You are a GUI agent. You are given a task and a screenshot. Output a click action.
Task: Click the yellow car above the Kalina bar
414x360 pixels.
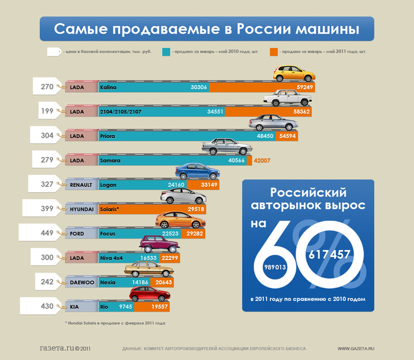[x=294, y=73]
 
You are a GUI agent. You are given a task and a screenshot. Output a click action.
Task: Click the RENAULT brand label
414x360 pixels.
[x=82, y=185]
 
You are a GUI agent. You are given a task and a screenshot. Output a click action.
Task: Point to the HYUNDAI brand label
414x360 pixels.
[x=82, y=209]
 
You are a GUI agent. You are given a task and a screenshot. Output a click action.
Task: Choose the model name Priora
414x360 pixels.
[x=108, y=136]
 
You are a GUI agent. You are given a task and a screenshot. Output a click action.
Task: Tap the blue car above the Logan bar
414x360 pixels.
[x=198, y=171]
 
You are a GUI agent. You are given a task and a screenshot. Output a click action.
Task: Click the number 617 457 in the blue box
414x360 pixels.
[x=329, y=254]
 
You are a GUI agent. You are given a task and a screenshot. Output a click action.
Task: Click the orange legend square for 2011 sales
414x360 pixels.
[x=273, y=52]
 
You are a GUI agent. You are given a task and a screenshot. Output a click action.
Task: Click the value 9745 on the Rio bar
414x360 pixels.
[x=125, y=306]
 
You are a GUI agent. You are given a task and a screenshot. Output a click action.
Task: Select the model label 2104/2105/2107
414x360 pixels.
[x=120, y=112]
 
